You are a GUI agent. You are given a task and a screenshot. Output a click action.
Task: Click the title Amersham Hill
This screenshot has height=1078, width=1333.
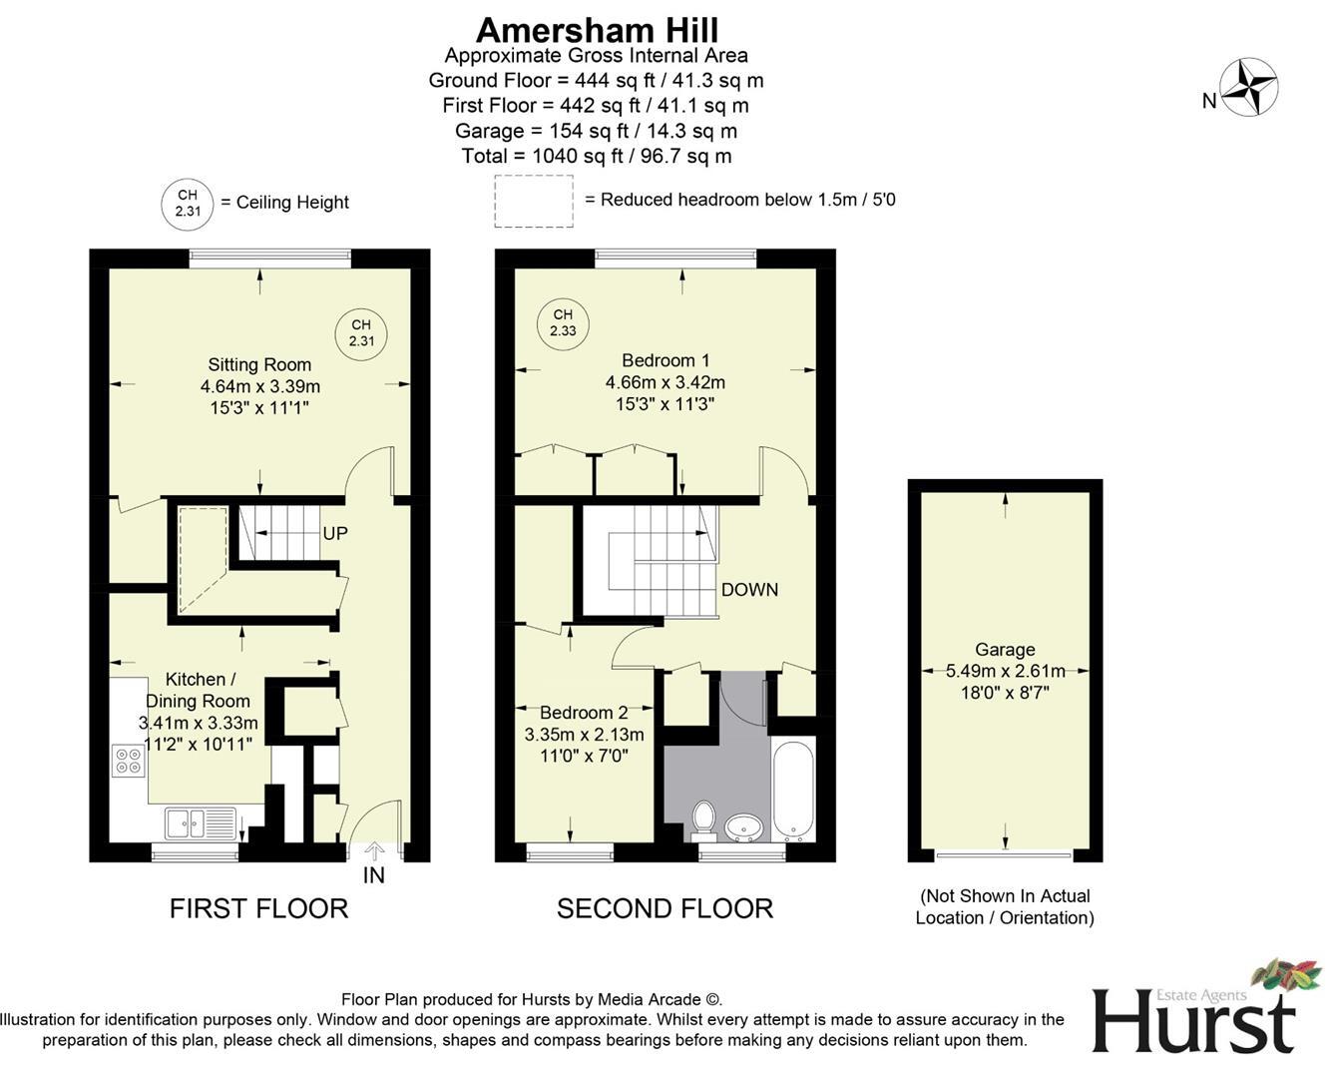tap(597, 30)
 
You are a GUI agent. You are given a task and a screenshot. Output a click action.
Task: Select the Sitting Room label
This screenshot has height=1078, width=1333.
tap(259, 365)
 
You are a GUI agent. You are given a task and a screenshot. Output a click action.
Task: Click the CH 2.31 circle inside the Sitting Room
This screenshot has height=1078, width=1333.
tap(360, 332)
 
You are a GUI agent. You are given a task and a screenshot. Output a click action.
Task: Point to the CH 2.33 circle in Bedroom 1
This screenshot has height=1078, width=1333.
tap(563, 322)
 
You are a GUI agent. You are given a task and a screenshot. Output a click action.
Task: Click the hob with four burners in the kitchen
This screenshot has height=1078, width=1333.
tap(129, 761)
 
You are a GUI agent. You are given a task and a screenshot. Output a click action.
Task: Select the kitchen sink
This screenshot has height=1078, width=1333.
tap(201, 823)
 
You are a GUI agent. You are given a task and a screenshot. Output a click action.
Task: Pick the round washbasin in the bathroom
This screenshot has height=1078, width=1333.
tap(743, 825)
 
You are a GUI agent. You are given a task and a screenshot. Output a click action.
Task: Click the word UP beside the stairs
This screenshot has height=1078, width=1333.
tap(335, 533)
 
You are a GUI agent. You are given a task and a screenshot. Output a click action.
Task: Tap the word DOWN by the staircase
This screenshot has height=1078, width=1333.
tap(749, 589)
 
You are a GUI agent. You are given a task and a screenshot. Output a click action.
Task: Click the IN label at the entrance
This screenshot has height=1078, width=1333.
tap(373, 875)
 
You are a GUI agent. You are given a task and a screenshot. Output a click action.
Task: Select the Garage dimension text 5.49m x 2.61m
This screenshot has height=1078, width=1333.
tap(1005, 671)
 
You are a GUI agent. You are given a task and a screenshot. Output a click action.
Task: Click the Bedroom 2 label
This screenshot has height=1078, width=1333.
tap(584, 713)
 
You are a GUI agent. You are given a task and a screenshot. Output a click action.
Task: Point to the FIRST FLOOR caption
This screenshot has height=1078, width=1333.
tap(258, 908)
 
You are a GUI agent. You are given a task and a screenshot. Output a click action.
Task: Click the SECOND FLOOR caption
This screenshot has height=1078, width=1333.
tap(665, 908)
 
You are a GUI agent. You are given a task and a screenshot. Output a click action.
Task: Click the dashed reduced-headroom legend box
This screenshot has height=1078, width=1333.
tap(534, 201)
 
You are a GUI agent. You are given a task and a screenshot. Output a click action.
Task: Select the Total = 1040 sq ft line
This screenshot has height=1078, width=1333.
tap(596, 156)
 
